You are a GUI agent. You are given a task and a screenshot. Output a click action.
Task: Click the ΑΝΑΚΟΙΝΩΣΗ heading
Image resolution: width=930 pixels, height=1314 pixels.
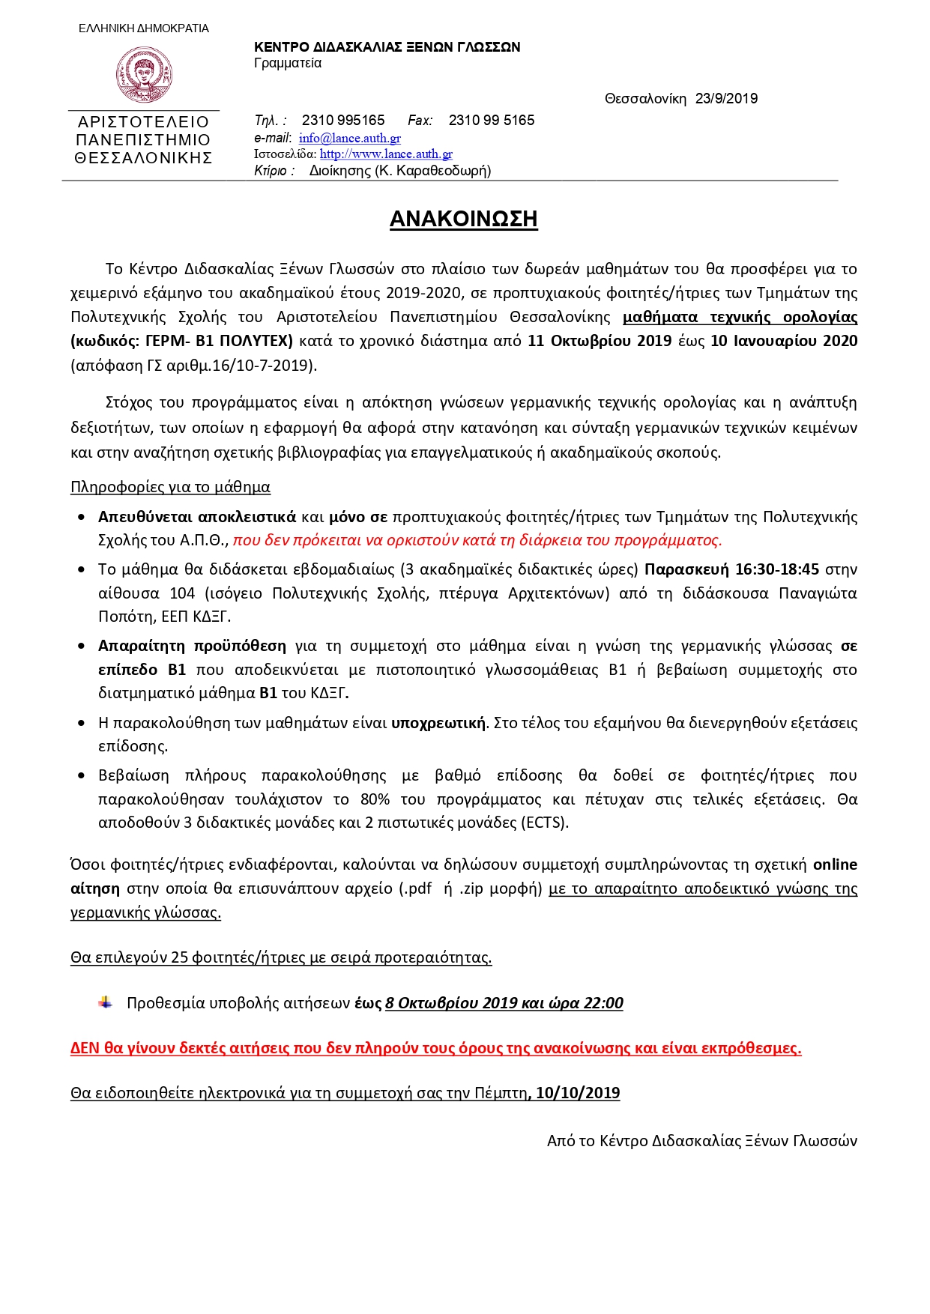(x=463, y=219)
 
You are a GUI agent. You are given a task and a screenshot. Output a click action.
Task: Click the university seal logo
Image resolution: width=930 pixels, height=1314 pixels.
(x=144, y=75)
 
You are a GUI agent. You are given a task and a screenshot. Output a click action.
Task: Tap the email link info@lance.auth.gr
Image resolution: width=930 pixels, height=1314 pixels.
(x=349, y=138)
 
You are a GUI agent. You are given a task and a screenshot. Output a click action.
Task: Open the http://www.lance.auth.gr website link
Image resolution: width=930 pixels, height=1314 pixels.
(x=386, y=154)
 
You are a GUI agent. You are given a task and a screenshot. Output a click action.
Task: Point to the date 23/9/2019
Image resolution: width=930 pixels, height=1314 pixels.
(x=726, y=99)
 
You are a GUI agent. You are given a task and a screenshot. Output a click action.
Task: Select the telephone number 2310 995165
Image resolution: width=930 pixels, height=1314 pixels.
(x=343, y=121)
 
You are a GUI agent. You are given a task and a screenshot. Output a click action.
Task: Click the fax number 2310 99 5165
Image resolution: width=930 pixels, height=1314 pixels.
(x=492, y=121)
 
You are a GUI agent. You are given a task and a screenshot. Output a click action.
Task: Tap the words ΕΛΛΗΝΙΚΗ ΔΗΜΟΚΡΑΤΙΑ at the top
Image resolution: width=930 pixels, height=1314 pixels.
(x=144, y=28)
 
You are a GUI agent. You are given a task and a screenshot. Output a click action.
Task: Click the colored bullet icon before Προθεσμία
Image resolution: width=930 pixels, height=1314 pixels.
(x=106, y=1002)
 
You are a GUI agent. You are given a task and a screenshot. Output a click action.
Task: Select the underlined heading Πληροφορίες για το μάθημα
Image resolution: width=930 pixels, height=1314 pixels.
(x=170, y=487)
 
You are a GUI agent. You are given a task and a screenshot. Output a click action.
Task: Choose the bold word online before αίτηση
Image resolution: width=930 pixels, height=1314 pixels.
(x=835, y=865)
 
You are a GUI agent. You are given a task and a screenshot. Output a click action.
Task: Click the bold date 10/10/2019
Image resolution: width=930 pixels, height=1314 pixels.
(x=578, y=1093)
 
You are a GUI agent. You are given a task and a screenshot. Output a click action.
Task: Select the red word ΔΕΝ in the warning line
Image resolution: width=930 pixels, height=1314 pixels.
(x=85, y=1048)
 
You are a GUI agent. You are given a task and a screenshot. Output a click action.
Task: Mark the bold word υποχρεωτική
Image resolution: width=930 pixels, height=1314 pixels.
(x=438, y=723)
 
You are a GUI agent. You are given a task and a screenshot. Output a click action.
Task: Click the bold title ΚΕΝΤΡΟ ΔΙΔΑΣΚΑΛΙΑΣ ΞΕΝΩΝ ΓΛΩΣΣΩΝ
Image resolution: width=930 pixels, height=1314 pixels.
(x=387, y=47)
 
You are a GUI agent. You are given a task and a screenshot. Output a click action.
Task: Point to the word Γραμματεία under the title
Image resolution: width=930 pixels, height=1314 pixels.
(x=288, y=63)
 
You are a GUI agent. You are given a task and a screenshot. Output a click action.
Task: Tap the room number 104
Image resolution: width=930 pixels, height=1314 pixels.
(x=182, y=593)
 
